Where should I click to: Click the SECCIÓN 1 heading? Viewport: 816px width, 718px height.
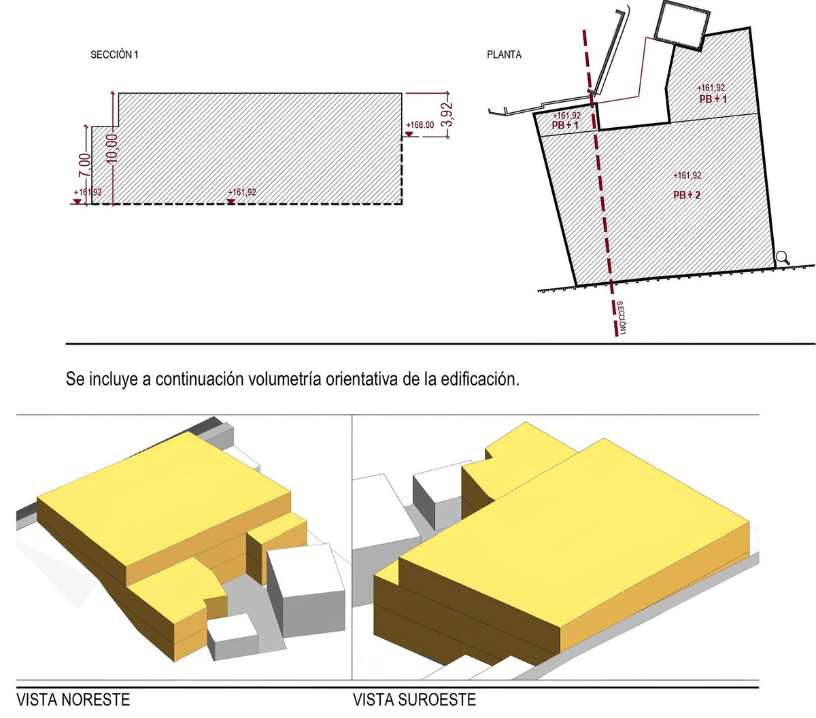[x=114, y=55]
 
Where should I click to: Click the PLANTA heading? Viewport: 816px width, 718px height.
[x=504, y=55]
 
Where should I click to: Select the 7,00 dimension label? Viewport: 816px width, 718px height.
[x=84, y=165]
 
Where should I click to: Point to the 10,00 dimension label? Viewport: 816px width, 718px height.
[x=112, y=149]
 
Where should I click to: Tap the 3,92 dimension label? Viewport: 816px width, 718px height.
[x=447, y=115]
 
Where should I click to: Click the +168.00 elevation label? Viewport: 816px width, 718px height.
[x=420, y=125]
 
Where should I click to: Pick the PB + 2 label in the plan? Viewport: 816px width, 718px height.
[x=687, y=195]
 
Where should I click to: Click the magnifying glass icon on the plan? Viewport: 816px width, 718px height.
[x=782, y=258]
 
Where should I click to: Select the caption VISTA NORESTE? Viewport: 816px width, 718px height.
[x=73, y=700]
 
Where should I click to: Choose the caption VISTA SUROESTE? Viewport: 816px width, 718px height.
[x=414, y=700]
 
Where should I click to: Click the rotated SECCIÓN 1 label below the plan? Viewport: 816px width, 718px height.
[x=621, y=318]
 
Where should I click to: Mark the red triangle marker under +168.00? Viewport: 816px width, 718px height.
[x=409, y=134]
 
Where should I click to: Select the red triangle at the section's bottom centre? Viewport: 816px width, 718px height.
[x=231, y=201]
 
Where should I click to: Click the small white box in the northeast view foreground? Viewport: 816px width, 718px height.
[x=233, y=637]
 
